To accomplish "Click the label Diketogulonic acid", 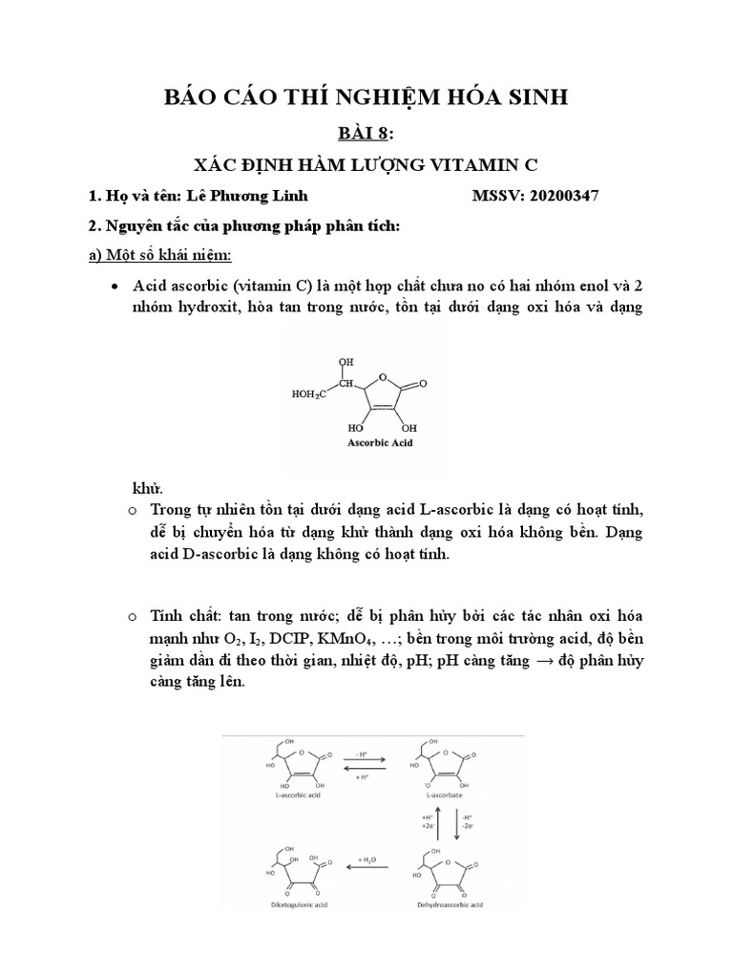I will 290,904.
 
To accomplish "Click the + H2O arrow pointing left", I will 367,865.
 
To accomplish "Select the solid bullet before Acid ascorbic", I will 115,287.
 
